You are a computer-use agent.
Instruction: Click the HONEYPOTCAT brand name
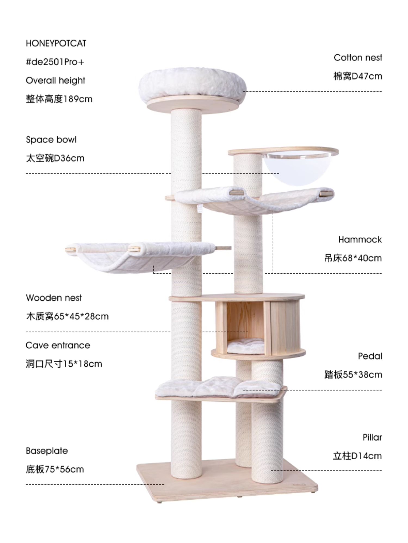tap(56, 43)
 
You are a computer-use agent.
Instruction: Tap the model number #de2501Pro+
tap(55, 62)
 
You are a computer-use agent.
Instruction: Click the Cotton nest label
tap(358, 58)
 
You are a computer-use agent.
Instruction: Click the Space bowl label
tap(51, 140)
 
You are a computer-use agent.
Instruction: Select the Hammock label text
tap(360, 239)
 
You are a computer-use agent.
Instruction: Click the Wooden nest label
tap(54, 298)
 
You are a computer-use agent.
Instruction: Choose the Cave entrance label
tap(58, 345)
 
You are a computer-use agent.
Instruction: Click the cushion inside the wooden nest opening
tap(246, 348)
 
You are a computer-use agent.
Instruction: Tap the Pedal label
tap(370, 356)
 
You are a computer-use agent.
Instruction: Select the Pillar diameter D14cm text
tap(357, 456)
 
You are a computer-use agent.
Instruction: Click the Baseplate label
tap(47, 451)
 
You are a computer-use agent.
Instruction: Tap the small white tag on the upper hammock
tap(199, 209)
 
